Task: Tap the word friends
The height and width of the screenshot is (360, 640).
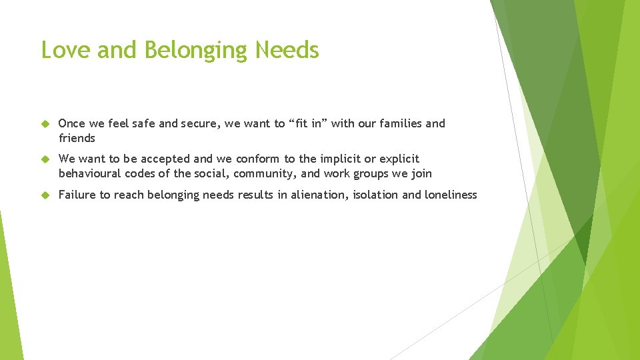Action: [77, 139]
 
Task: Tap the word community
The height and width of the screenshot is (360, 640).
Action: [265, 174]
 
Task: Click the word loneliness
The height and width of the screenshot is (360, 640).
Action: [451, 195]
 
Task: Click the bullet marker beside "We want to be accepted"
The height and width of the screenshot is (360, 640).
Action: [45, 159]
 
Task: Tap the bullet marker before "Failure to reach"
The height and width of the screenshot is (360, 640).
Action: [45, 195]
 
